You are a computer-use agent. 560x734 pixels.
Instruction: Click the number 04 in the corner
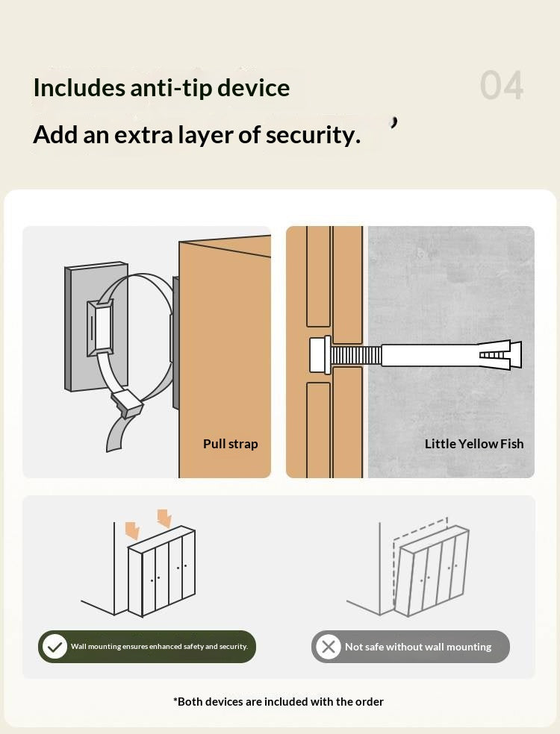502,85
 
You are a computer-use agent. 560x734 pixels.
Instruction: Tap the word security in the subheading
313,135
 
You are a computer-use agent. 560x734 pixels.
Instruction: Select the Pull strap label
231,444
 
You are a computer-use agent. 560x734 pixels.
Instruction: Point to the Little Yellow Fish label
474,444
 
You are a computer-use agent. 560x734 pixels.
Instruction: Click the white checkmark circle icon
55,647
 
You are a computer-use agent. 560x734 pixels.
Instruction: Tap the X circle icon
329,647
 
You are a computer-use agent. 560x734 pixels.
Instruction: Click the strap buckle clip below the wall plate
126,402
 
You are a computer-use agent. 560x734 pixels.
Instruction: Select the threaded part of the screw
356,355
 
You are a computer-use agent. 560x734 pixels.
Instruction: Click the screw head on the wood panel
320,355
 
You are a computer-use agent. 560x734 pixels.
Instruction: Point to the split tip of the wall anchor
501,355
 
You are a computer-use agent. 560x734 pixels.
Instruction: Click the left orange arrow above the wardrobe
133,531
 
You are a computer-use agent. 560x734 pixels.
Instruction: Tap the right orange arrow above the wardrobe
164,518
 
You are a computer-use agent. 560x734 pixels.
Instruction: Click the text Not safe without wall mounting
418,647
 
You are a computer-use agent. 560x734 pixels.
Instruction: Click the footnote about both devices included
279,702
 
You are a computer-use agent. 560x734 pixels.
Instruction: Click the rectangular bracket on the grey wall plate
100,327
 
